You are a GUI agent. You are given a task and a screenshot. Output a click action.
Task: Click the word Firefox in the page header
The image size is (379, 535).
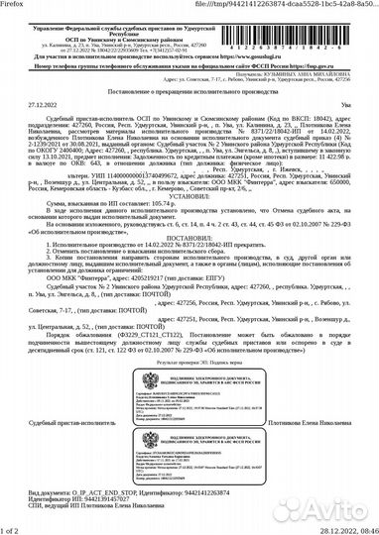16,5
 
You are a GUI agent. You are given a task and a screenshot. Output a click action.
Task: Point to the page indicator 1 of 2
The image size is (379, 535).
12,528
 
